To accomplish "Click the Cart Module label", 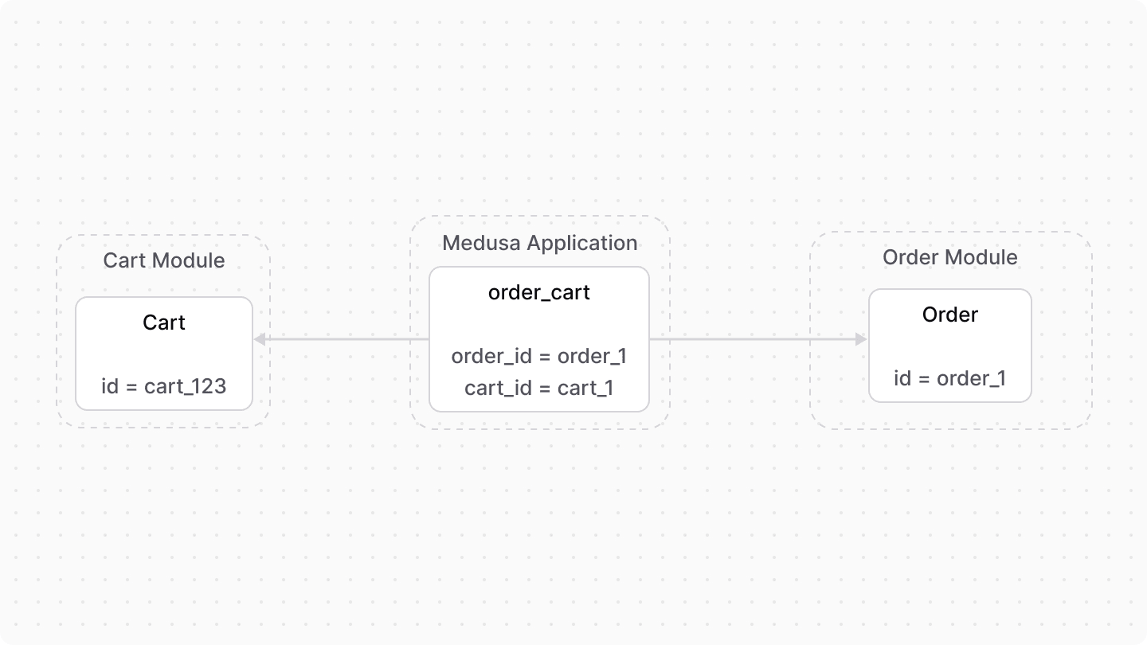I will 164,260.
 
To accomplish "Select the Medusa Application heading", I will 539,243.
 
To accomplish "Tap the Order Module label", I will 950,257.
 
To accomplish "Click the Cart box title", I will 164,322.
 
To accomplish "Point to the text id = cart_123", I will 164,386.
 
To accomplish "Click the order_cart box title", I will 539,292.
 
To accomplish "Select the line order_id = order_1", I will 539,356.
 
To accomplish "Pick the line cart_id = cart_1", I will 539,388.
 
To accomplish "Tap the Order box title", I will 950,315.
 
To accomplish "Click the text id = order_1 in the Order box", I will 950,378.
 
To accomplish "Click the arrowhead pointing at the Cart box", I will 259,340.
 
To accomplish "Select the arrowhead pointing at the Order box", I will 861,339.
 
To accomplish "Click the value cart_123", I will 186,386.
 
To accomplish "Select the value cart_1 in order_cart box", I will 585,388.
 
